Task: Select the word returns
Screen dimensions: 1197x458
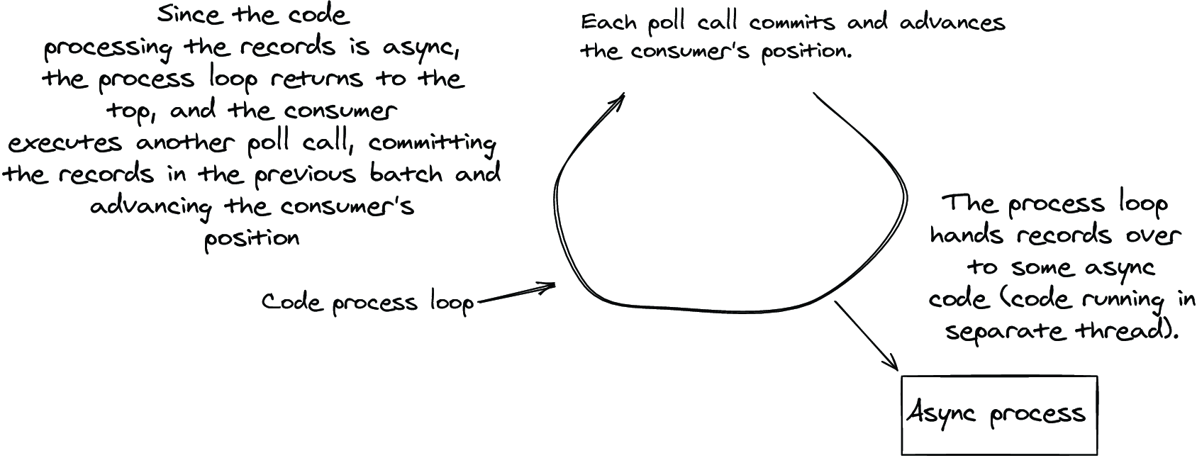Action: point(316,79)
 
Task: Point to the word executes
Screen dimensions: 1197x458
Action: point(65,143)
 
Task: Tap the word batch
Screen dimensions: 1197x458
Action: point(406,174)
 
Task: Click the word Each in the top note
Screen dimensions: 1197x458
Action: point(609,23)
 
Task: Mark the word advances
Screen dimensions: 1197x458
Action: point(952,23)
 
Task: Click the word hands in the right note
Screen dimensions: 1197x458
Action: point(967,235)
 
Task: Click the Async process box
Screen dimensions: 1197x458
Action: point(999,415)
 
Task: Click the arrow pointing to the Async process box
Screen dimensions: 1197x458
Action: point(867,335)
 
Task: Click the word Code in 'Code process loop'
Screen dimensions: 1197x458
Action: point(291,302)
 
